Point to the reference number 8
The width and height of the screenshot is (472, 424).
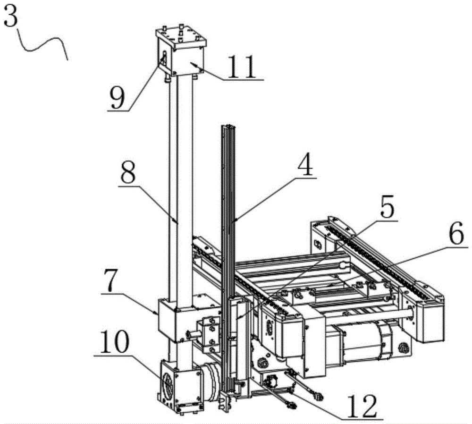click(x=128, y=171)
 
